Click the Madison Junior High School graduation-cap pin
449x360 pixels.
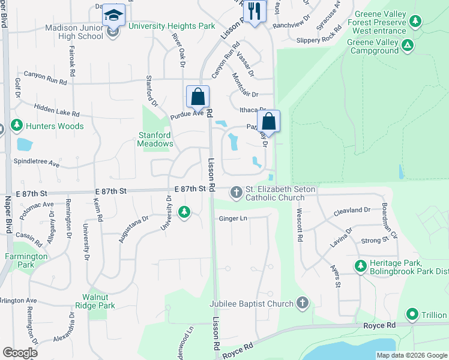pyautogui.click(x=113, y=15)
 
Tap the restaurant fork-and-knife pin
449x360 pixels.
pyautogui.click(x=255, y=11)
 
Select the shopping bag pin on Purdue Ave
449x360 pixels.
pyautogui.click(x=197, y=97)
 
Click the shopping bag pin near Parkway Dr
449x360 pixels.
pyautogui.click(x=270, y=122)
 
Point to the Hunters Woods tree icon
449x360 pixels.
pyautogui.click(x=17, y=125)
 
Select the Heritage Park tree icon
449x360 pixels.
pyautogui.click(x=361, y=266)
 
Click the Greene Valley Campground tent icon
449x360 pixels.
pyautogui.click(x=408, y=44)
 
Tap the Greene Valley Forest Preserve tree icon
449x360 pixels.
pyautogui.click(x=415, y=22)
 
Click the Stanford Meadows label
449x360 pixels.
pyautogui.click(x=155, y=139)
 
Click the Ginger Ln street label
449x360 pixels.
pyautogui.click(x=233, y=218)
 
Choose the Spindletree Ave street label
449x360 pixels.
pyautogui.click(x=37, y=163)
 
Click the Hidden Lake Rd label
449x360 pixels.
pyautogui.click(x=57, y=109)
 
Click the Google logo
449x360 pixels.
pyautogui.click(x=20, y=353)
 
